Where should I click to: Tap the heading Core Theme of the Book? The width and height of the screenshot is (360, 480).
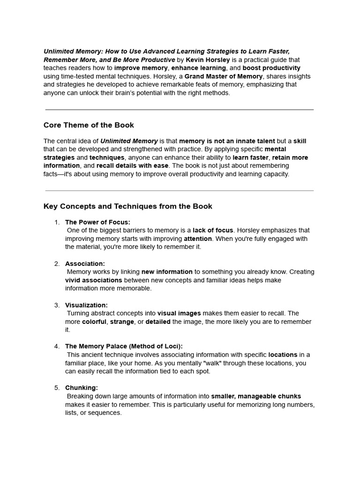(x=89, y=125)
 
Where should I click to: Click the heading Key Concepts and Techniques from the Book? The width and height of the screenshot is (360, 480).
(x=127, y=206)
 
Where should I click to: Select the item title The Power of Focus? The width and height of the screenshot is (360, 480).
(x=97, y=222)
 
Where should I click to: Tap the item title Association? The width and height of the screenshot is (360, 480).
(x=85, y=263)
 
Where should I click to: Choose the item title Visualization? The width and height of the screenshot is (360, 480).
(x=86, y=305)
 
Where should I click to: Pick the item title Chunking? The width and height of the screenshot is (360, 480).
(x=82, y=388)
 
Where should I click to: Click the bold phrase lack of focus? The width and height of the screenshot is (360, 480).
(x=213, y=230)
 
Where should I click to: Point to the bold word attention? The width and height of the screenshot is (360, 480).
(x=197, y=239)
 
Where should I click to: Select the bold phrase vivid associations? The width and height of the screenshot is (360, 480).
(x=93, y=280)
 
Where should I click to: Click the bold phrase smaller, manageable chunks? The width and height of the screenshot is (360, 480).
(x=256, y=396)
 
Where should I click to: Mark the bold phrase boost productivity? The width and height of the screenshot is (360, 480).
(x=271, y=68)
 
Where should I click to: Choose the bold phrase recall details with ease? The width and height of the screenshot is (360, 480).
(x=132, y=165)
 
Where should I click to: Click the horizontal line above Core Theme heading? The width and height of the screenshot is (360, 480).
(x=180, y=110)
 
